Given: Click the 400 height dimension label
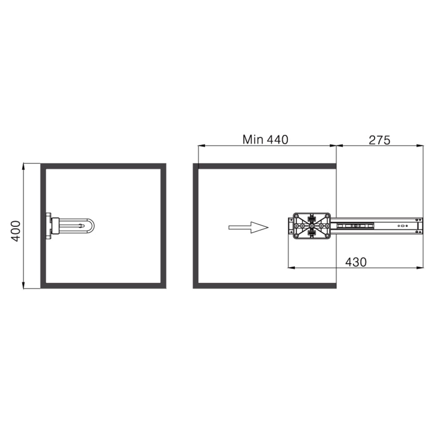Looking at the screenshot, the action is [16, 231].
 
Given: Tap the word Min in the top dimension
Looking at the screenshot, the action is [253, 139].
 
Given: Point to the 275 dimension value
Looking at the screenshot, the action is [380, 140].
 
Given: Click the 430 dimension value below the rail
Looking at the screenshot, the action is [356, 262].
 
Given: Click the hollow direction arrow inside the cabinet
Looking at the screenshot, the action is [248, 227].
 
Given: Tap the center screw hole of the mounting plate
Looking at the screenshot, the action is [312, 226].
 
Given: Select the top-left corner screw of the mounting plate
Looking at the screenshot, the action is [297, 217].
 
